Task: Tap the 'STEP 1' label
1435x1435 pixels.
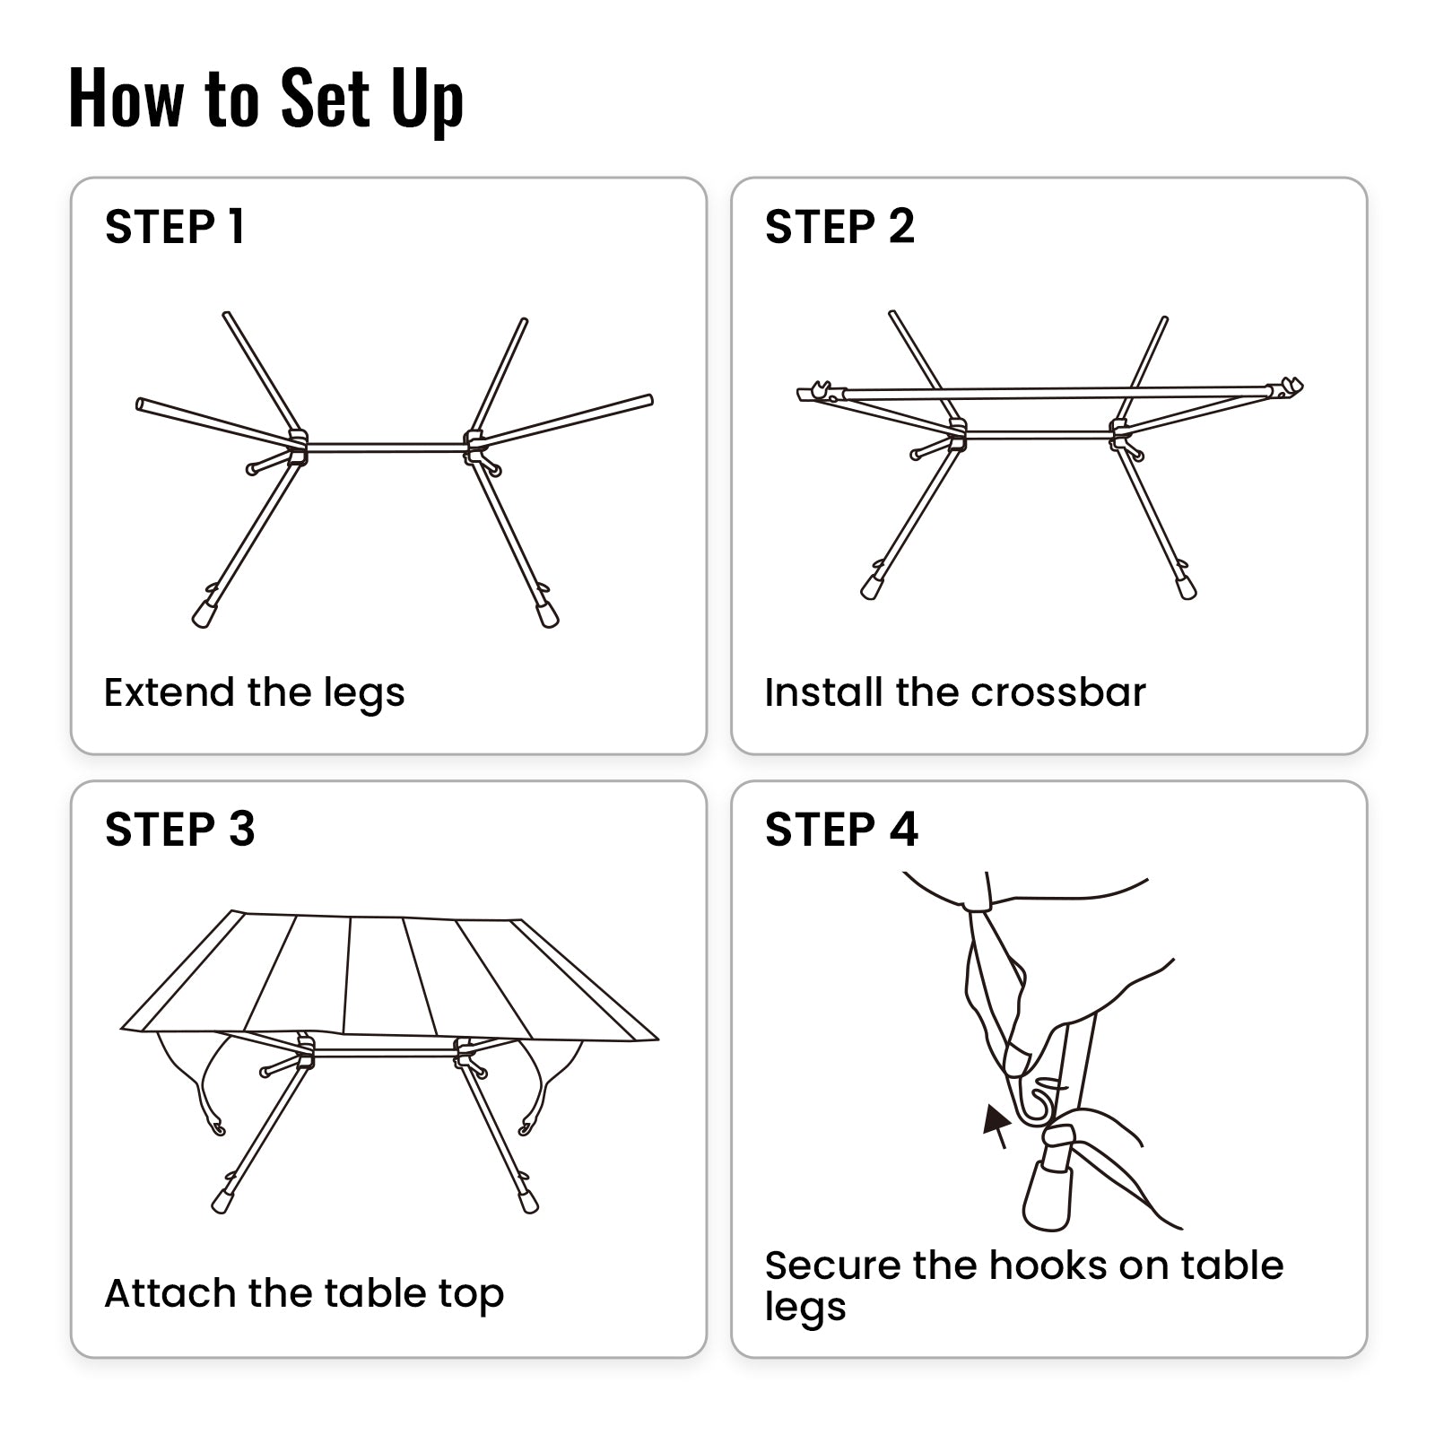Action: (175, 227)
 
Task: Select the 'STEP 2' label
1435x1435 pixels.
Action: (839, 227)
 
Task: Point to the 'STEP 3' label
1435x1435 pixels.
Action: (179, 830)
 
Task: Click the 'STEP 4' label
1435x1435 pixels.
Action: (841, 830)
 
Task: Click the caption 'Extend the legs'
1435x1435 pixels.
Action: (255, 692)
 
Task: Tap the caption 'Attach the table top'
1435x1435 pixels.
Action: (304, 1293)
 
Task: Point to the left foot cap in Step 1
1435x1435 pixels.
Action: (204, 614)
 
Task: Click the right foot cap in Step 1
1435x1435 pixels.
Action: (547, 615)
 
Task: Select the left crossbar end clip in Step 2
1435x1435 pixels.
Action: (820, 392)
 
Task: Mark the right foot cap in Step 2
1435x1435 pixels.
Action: (1187, 588)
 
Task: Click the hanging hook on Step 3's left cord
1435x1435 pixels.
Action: (216, 1126)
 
